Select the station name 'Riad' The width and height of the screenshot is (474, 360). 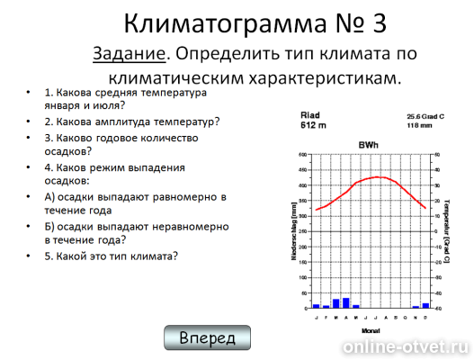pyautogui.click(x=309, y=115)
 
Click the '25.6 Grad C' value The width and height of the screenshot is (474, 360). pyautogui.click(x=425, y=116)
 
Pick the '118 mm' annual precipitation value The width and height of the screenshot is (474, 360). pyautogui.click(x=418, y=126)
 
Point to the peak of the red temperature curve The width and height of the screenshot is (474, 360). pyautogui.click(x=378, y=176)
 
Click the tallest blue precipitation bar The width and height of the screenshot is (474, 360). pyautogui.click(x=345, y=302)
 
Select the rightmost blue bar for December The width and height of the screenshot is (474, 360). pyautogui.click(x=425, y=305)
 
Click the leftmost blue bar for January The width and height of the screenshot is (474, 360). pyautogui.click(x=316, y=306)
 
